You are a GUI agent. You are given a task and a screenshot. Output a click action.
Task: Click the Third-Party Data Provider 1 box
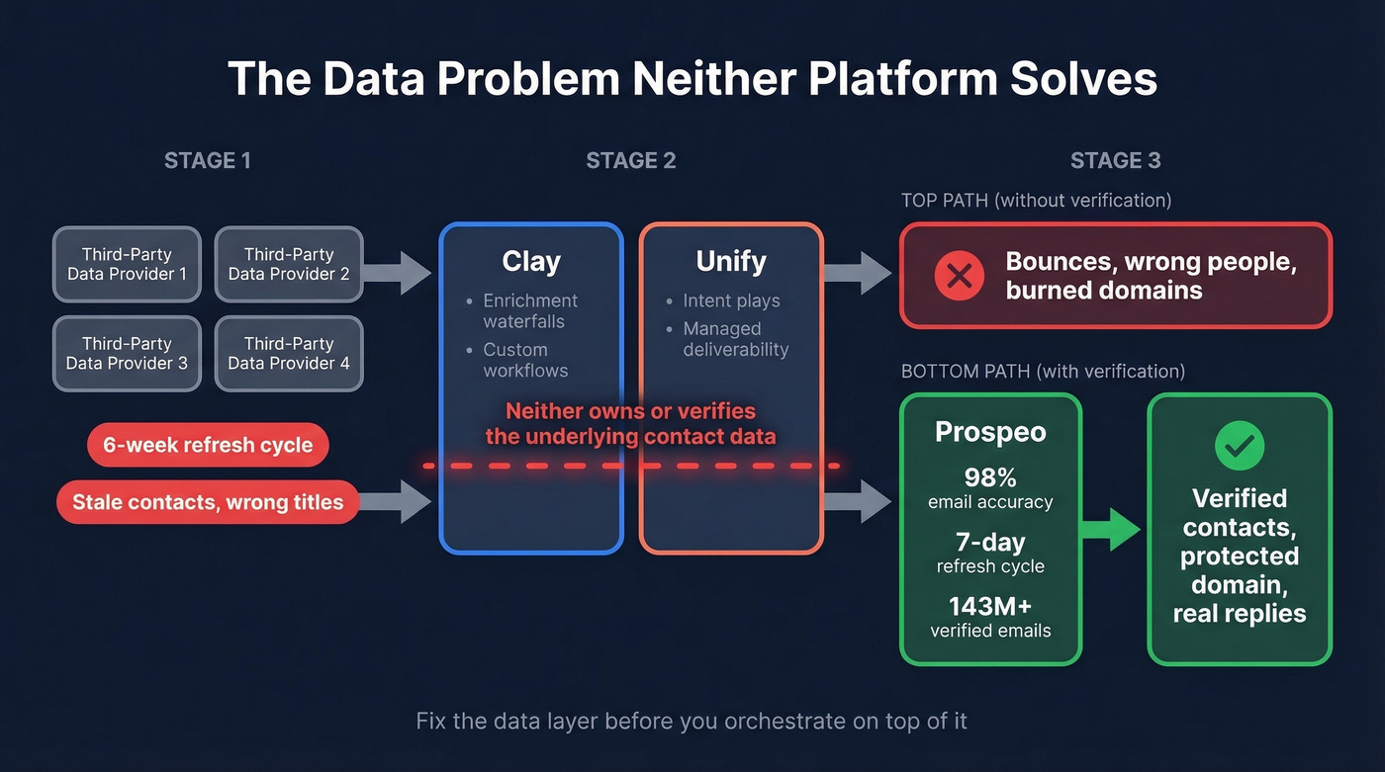click(127, 264)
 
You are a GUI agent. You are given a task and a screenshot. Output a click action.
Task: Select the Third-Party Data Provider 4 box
click(289, 353)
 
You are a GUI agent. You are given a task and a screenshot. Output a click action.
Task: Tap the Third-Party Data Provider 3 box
click(127, 353)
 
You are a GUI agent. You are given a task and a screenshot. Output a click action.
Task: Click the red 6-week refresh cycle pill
click(208, 445)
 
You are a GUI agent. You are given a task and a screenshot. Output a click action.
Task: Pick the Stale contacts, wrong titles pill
click(208, 502)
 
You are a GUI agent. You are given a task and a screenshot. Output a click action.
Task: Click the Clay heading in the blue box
click(531, 261)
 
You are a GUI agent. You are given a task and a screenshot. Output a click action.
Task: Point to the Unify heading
click(731, 261)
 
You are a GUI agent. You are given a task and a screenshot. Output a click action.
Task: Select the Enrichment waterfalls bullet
click(529, 310)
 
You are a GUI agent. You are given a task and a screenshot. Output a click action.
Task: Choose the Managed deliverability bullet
click(735, 338)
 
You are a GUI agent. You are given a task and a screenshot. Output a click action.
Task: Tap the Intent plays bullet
click(731, 300)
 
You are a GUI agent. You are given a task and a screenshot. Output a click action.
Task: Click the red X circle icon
click(959, 276)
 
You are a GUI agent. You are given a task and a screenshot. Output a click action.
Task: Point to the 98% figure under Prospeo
click(990, 477)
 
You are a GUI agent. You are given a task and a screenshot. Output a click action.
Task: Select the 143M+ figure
click(990, 606)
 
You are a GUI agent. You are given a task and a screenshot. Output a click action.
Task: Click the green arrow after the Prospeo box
click(1112, 529)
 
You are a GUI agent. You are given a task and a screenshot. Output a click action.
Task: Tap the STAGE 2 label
click(631, 161)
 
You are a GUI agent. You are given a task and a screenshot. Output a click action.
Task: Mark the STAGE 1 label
click(208, 161)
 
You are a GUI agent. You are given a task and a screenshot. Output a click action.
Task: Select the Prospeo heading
click(990, 432)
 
